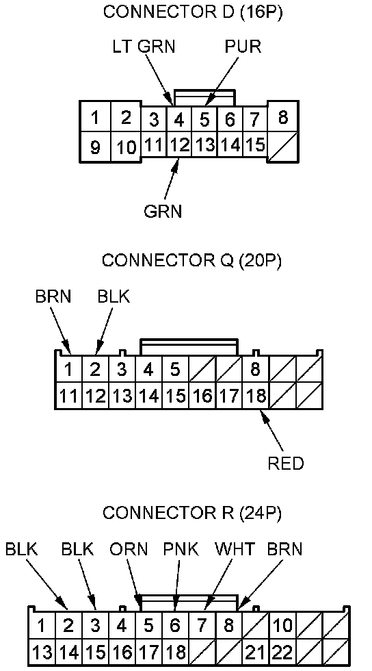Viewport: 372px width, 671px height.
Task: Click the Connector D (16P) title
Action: (x=193, y=12)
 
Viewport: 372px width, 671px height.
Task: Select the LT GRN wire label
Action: (x=144, y=47)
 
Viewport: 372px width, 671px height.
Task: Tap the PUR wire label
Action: (x=243, y=47)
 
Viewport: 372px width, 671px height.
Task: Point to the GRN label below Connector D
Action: (x=163, y=211)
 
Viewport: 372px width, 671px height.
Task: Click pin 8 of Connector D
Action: (x=282, y=117)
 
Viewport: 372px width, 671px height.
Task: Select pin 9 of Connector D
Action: (x=95, y=147)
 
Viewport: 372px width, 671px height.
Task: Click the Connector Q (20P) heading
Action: (x=192, y=260)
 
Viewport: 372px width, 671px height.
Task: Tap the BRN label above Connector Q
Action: (x=53, y=296)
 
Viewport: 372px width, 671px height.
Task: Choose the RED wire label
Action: (x=286, y=464)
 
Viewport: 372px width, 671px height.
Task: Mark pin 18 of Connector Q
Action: (x=255, y=396)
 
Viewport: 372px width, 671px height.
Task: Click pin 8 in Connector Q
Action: (x=255, y=369)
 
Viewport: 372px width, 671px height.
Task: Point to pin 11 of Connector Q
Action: (x=68, y=396)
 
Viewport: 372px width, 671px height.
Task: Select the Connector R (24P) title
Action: (x=192, y=513)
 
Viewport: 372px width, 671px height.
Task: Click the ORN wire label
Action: (x=129, y=549)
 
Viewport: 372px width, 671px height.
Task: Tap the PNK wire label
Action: (x=181, y=549)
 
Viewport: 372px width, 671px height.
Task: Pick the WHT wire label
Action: (x=235, y=549)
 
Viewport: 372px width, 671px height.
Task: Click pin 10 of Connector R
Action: (x=282, y=626)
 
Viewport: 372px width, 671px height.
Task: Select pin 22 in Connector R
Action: (x=282, y=653)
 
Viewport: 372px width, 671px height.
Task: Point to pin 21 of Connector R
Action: (x=255, y=653)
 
